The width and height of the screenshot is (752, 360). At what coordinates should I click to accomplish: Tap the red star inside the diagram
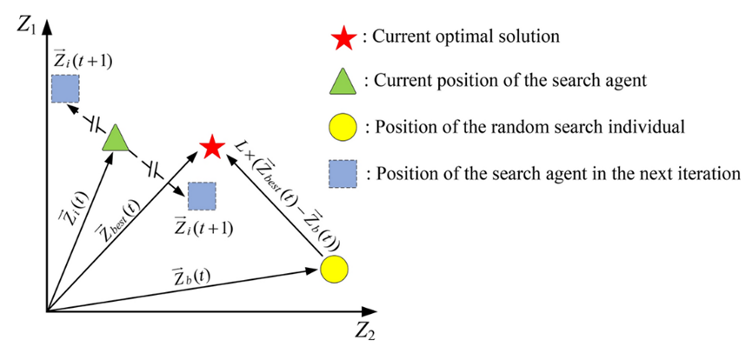211,148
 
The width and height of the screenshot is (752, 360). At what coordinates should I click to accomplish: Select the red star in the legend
343,38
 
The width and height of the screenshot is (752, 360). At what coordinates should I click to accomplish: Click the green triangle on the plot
115,138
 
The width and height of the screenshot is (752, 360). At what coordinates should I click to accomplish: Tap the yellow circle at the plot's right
334,269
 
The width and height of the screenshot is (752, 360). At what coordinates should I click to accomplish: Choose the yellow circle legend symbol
343,128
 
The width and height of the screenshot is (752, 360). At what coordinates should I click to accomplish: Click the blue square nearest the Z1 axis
65,89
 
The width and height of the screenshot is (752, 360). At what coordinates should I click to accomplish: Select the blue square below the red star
202,197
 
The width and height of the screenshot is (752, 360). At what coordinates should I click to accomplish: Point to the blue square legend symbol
343,173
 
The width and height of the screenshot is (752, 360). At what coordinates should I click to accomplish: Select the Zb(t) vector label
190,277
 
